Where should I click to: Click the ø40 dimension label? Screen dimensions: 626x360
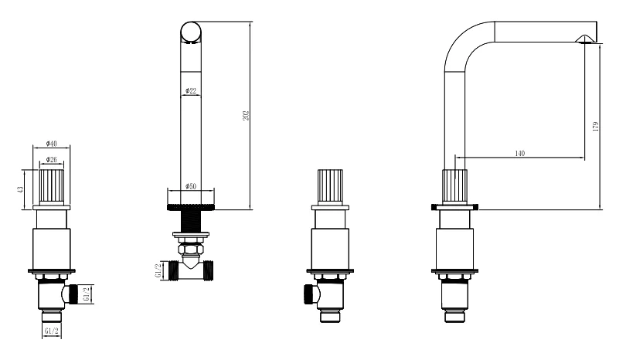click(52, 143)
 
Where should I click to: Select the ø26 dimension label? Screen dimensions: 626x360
click(52, 160)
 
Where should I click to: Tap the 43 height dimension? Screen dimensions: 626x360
click(20, 189)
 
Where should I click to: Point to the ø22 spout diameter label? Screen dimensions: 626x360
click(191, 91)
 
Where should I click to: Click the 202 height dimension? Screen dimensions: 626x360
click(246, 115)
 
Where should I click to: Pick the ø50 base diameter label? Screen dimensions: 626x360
click(191, 186)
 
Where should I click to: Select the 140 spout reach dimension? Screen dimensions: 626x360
click(520, 153)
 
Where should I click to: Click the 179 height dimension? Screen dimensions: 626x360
click(596, 127)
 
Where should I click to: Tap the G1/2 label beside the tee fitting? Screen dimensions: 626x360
click(158, 270)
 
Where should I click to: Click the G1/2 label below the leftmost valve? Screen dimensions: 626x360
click(52, 331)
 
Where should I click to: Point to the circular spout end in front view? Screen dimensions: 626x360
click(191, 32)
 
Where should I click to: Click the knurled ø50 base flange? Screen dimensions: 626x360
click(191, 207)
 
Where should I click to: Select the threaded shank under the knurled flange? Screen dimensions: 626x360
click(191, 221)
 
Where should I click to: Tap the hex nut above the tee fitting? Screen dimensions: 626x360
click(191, 250)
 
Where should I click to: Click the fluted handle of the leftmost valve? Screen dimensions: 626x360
click(52, 187)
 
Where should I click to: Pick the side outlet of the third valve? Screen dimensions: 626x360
click(310, 294)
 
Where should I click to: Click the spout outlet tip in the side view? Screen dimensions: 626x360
click(584, 39)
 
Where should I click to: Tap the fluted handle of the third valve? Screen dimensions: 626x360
click(330, 187)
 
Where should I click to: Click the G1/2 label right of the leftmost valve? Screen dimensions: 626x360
click(87, 294)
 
